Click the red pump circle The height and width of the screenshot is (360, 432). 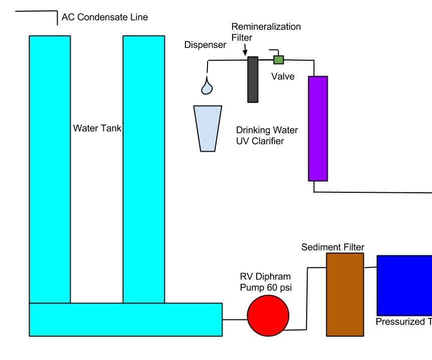pos(268,316)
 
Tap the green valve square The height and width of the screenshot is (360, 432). pos(278,60)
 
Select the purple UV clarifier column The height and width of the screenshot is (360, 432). pos(318,128)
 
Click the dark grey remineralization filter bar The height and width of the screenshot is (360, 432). pos(253,79)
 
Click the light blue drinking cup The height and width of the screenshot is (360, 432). pos(207,128)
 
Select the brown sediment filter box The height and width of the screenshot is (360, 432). pos(345,294)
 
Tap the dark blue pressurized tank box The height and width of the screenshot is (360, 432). pos(404,285)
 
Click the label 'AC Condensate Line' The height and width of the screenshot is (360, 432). pos(105,18)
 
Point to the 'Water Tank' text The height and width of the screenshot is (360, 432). pos(97,128)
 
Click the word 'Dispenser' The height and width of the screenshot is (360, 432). pos(205,45)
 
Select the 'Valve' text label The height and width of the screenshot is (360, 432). pos(283,77)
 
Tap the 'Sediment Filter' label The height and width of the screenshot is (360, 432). pos(333,247)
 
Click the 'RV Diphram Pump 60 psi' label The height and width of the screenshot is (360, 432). pos(265,281)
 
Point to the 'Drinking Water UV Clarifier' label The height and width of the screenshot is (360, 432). pos(267,136)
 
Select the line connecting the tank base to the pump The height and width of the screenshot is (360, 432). pos(235,319)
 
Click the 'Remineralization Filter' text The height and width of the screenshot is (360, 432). pos(266,32)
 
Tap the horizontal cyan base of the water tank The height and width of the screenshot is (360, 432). pos(125,319)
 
